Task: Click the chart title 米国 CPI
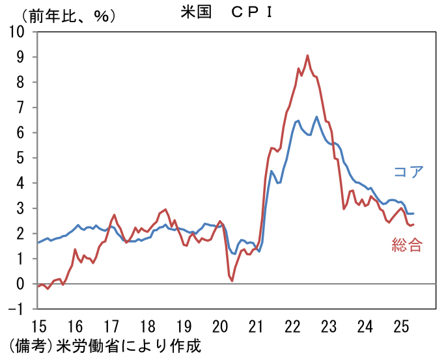coord(227,12)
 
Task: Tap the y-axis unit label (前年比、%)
coord(68,16)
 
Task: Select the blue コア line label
coord(408,171)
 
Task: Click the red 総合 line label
coord(407,245)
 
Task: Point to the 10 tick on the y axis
coord(16,31)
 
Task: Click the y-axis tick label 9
coord(20,57)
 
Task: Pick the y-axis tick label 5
coord(20,158)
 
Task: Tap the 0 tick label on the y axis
coord(20,283)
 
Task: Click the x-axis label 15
coord(38,326)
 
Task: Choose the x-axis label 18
coord(147,326)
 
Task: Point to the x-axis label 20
coord(220,326)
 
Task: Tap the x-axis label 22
coord(292,326)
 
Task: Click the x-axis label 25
coord(401,326)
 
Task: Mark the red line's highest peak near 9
coord(307,55)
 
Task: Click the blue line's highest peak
coord(316,117)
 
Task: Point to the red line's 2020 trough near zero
coord(232,281)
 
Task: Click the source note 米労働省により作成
coord(128,346)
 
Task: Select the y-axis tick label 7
coord(20,107)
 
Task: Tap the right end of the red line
coord(413,225)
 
